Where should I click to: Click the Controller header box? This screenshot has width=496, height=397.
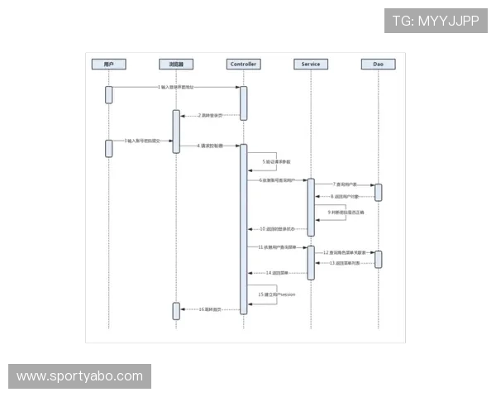tap(243, 64)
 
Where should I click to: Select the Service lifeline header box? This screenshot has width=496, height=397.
tap(310, 64)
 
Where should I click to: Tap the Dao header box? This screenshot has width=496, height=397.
tap(378, 64)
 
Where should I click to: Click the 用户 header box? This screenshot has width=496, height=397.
tap(108, 64)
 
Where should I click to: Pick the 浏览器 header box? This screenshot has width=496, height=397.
tap(176, 64)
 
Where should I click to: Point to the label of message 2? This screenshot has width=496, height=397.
tap(209, 115)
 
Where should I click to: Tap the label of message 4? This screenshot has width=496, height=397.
tap(210, 146)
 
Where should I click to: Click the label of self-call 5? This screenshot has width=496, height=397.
tap(274, 161)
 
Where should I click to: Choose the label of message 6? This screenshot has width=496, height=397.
tap(277, 179)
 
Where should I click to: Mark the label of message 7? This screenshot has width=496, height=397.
tap(345, 184)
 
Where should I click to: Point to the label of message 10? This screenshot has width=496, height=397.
tap(277, 228)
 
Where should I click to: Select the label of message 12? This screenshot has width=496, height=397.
tap(345, 251)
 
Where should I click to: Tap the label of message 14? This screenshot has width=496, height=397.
tap(277, 272)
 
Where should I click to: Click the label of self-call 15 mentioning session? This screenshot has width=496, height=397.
tap(277, 294)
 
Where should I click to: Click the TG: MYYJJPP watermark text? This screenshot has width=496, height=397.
tap(435, 21)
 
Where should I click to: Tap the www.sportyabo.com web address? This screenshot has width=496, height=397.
tap(79, 376)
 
